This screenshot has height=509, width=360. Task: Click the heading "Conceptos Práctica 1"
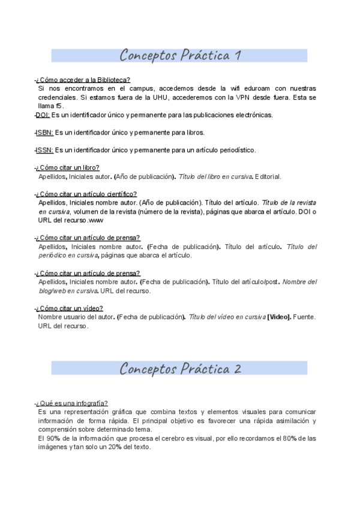tap(180, 56)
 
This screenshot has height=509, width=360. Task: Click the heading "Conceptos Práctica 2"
tap(180, 368)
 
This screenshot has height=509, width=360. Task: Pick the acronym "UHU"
tap(163, 97)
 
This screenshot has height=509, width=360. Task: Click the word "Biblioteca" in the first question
tap(112, 80)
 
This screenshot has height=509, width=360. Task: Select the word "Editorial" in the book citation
tap(268, 177)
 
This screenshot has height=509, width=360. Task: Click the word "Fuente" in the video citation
tap(305, 317)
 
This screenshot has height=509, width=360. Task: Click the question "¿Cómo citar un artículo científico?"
tap(86, 194)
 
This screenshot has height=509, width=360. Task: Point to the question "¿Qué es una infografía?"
tap(73, 403)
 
